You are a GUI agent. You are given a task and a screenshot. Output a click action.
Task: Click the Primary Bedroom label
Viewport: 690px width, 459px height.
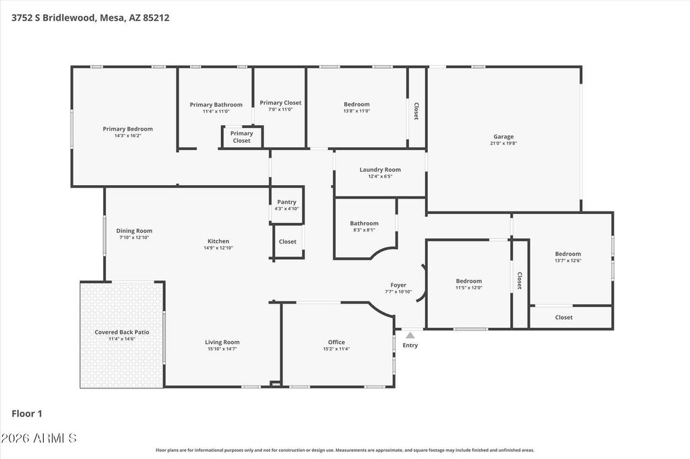pyautogui.click(x=127, y=129)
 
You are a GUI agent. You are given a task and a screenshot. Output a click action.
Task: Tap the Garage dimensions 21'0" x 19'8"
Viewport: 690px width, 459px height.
pyautogui.click(x=503, y=143)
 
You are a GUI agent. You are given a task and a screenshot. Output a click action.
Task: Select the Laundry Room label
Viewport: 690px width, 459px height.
pyautogui.click(x=380, y=170)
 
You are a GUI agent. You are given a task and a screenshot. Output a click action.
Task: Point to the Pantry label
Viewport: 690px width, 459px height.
pyautogui.click(x=286, y=202)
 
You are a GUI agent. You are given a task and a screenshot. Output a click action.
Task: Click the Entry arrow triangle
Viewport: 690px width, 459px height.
pyautogui.click(x=410, y=335)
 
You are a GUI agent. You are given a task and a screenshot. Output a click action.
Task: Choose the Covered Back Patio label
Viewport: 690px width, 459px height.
pyautogui.click(x=122, y=332)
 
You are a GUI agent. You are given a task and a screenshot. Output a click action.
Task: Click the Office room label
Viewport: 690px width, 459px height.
pyautogui.click(x=337, y=342)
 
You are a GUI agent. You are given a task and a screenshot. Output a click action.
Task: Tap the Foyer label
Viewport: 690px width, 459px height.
pyautogui.click(x=398, y=285)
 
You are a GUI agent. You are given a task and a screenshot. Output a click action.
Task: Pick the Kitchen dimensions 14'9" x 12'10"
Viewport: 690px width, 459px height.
pyautogui.click(x=218, y=248)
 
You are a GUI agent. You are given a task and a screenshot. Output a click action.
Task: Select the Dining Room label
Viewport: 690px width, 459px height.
pyautogui.click(x=134, y=231)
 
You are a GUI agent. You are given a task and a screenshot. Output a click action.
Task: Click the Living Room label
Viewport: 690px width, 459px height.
pyautogui.click(x=222, y=342)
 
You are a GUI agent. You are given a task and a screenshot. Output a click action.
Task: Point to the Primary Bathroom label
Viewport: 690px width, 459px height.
pyautogui.click(x=216, y=104)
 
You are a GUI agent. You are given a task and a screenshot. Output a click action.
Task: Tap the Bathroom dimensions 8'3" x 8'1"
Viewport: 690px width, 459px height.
pyautogui.click(x=365, y=230)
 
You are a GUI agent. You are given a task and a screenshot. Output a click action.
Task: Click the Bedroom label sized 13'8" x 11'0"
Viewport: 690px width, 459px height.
pyautogui.click(x=357, y=104)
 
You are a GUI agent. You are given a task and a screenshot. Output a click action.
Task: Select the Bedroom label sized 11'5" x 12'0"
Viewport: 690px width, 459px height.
pyautogui.click(x=469, y=281)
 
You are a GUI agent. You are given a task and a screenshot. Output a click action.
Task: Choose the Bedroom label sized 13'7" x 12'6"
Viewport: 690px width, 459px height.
pyautogui.click(x=568, y=254)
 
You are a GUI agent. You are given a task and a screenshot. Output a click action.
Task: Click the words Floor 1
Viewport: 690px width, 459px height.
pyautogui.click(x=27, y=414)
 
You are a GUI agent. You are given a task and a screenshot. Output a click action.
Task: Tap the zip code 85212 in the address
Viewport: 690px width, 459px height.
pyautogui.click(x=156, y=18)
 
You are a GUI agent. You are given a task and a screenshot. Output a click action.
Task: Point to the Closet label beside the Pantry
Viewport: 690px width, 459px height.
pyautogui.click(x=287, y=242)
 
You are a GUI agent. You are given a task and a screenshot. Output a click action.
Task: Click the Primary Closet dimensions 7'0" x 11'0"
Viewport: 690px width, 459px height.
pyautogui.click(x=280, y=110)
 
